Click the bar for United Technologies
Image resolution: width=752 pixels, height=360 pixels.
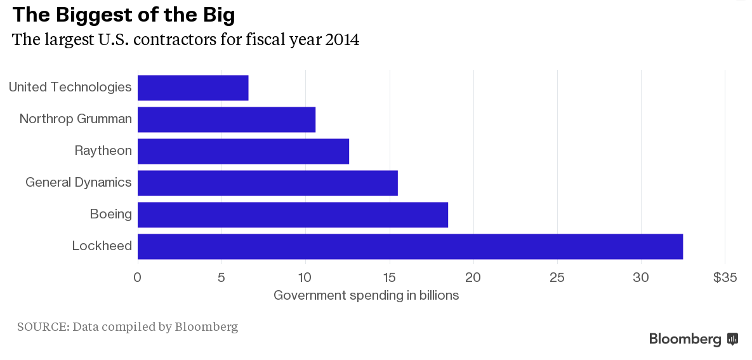[193, 88]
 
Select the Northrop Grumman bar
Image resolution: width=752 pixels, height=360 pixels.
[227, 119]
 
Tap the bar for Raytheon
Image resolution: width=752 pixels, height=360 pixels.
[243, 151]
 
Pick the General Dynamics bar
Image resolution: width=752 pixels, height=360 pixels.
[267, 183]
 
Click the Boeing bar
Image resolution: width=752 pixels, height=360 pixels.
[293, 215]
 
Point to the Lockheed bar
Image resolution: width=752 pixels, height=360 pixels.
[410, 246]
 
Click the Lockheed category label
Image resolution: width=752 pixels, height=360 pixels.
[102, 246]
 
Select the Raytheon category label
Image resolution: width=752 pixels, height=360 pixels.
[103, 151]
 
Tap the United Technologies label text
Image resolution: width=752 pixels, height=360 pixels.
[70, 88]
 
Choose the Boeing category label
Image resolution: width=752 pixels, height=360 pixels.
[111, 215]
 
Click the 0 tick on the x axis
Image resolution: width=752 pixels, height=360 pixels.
[137, 277]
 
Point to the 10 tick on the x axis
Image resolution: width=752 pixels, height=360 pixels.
[305, 277]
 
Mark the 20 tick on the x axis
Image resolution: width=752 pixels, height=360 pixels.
[473, 277]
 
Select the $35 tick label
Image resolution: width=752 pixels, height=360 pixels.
[725, 277]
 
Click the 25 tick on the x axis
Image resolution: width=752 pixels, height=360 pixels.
[557, 277]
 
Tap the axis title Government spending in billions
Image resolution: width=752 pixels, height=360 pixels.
[366, 296]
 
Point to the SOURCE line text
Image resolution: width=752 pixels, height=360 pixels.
[128, 328]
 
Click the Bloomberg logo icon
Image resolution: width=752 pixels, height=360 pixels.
[732, 339]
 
